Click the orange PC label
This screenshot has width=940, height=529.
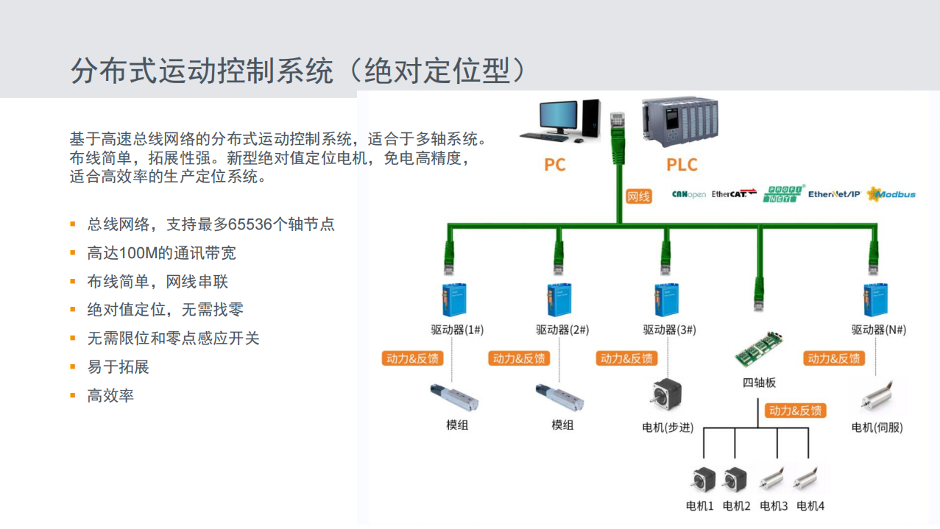tap(554, 165)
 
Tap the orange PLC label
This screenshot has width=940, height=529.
tap(682, 165)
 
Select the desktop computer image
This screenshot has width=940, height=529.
tap(560, 121)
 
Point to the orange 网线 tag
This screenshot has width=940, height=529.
tap(638, 196)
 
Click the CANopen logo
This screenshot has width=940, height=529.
tap(688, 194)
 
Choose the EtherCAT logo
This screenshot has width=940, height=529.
tap(734, 194)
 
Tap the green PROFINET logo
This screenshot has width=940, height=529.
tap(784, 194)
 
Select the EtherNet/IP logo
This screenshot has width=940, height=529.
tap(834, 194)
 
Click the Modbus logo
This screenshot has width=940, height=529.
tap(891, 194)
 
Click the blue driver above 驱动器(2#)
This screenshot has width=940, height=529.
tap(559, 299)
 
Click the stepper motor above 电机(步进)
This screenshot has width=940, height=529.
tap(666, 395)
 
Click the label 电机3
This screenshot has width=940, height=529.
tap(773, 506)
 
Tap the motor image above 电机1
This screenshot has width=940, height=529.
tap(700, 479)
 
